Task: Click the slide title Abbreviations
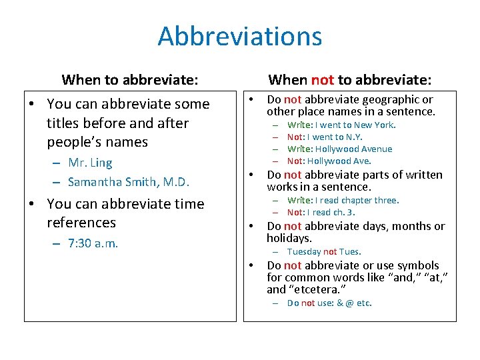239,36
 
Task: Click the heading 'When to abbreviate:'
129,80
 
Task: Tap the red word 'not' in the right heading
323,80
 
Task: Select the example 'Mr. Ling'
90,163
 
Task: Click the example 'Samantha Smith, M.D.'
129,182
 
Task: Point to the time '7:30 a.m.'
93,243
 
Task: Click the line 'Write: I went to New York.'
341,125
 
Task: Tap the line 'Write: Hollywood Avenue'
339,149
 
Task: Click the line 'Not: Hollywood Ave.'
329,161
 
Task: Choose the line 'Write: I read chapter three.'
343,200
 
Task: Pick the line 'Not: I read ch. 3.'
321,212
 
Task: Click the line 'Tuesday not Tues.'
324,251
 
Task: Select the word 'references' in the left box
81,223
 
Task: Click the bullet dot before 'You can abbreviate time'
33,204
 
